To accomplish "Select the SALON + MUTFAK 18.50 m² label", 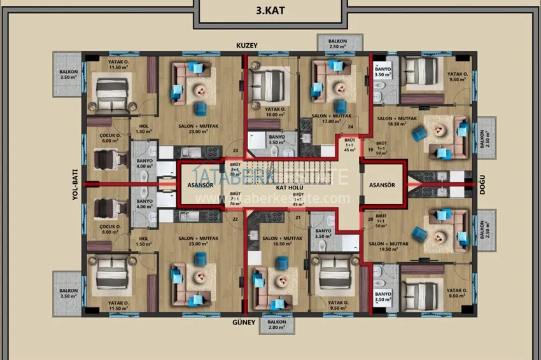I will pos(393,122).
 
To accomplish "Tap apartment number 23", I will pos(235,151).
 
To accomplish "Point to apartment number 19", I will pos(370,150).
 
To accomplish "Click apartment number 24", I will pos(350,127).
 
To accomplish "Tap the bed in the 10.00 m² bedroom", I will pos(267,82).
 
